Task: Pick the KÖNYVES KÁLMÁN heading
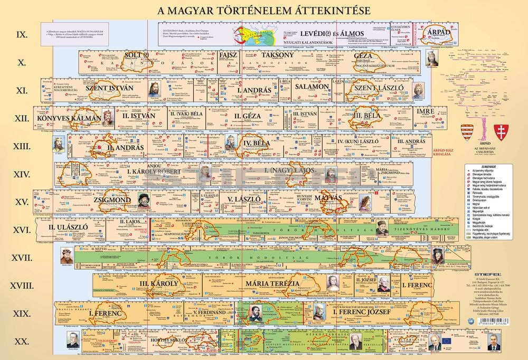69,117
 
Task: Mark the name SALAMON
313,87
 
